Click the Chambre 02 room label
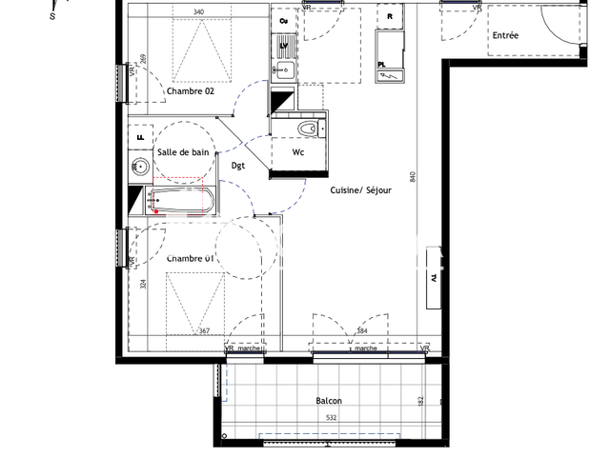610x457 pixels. pos(191,92)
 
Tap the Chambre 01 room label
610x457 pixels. pos(191,258)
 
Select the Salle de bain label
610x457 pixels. pos(183,152)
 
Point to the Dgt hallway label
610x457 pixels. pos(238,166)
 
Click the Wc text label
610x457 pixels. pos(297,152)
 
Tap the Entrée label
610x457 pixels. pos(505,36)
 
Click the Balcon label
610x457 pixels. pos(329,401)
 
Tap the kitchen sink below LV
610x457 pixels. pos(284,68)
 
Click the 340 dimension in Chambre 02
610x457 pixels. pos(198,12)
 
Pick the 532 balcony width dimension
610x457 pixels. pos(331,417)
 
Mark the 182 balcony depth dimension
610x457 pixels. pos(420,404)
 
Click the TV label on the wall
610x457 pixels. pos(434,279)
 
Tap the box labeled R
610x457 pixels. pos(390,16)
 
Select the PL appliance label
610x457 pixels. pos(382,66)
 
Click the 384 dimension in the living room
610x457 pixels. pos(361,330)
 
